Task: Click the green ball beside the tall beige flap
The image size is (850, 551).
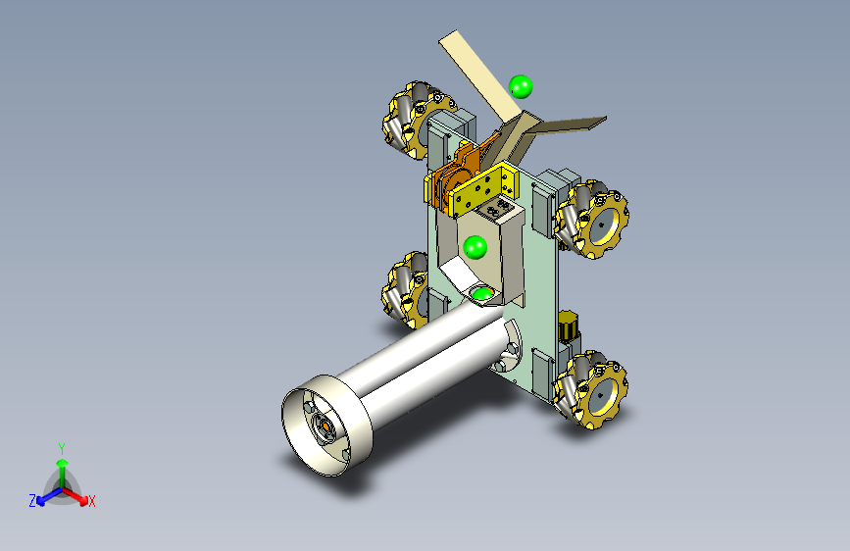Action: [521, 87]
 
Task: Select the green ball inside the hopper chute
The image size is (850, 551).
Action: [475, 247]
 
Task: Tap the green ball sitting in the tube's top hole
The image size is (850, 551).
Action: [482, 294]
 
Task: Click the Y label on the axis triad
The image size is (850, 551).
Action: [62, 449]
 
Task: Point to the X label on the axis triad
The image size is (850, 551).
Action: [91, 501]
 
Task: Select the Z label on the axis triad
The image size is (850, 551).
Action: [32, 501]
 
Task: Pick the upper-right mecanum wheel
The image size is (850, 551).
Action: [592, 219]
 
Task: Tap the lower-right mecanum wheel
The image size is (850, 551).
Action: [591, 389]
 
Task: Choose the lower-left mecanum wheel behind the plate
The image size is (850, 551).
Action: [405, 289]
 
